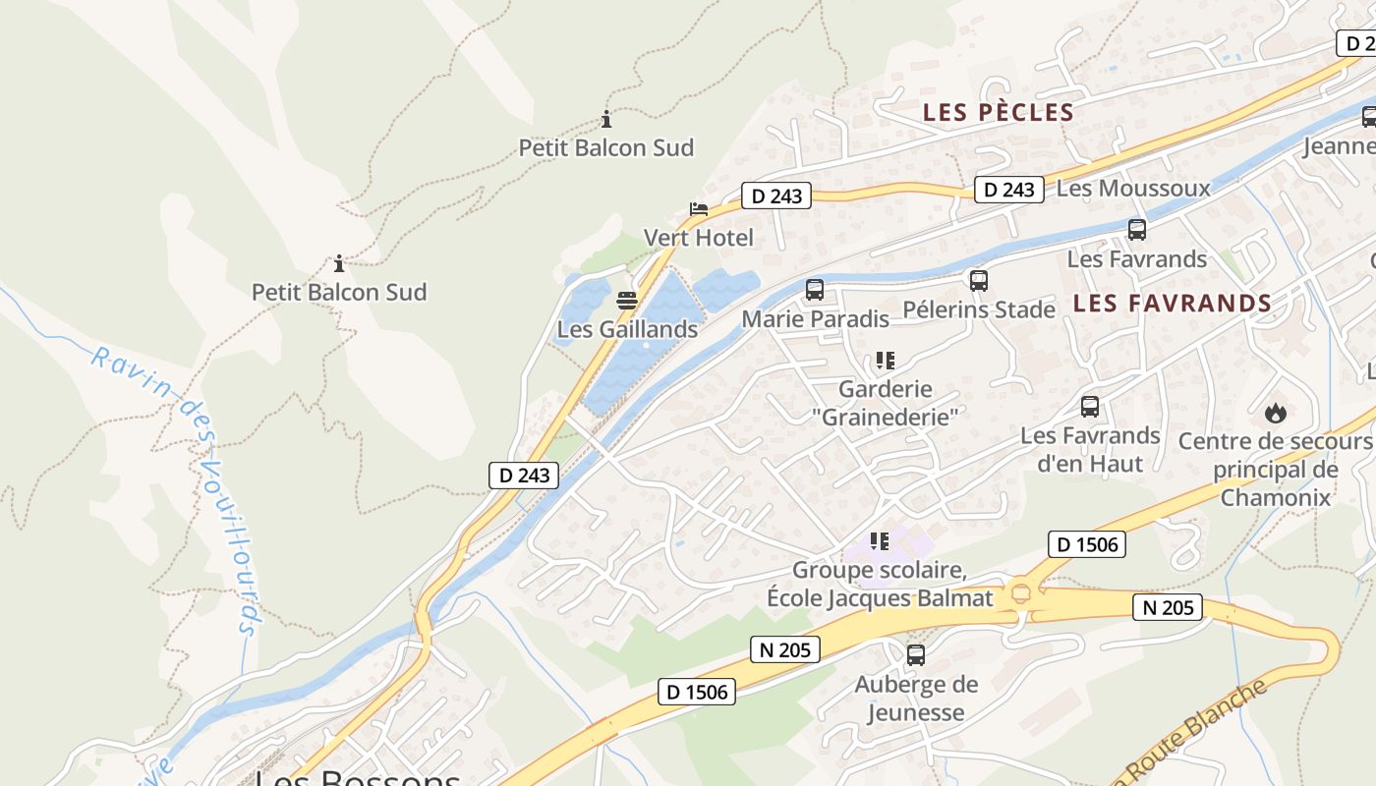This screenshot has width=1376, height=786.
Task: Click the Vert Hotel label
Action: [698, 238]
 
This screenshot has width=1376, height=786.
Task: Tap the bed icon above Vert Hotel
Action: [698, 209]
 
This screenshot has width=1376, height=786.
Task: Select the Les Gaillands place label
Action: [627, 329]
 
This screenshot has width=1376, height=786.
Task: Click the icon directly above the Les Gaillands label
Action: [627, 300]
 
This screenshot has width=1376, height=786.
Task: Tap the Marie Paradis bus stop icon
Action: [814, 290]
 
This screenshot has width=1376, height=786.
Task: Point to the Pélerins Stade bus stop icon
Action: [978, 281]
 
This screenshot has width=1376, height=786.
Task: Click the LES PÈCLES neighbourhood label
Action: [998, 113]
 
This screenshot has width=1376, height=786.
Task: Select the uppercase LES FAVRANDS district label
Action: [1173, 304]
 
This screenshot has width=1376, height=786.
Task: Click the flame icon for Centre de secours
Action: [1276, 413]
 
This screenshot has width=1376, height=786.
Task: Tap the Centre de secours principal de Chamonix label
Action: [1275, 470]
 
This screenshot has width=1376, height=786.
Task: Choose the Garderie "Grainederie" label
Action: [885, 403]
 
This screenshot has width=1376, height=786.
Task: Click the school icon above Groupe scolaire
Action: [880, 540]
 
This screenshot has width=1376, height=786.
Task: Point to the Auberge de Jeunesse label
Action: [916, 699]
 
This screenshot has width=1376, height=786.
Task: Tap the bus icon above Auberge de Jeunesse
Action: [915, 655]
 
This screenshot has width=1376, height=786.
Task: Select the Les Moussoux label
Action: [1133, 188]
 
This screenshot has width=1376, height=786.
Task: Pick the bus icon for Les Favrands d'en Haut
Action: [1089, 407]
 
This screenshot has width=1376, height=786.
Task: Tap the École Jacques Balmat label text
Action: [880, 597]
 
